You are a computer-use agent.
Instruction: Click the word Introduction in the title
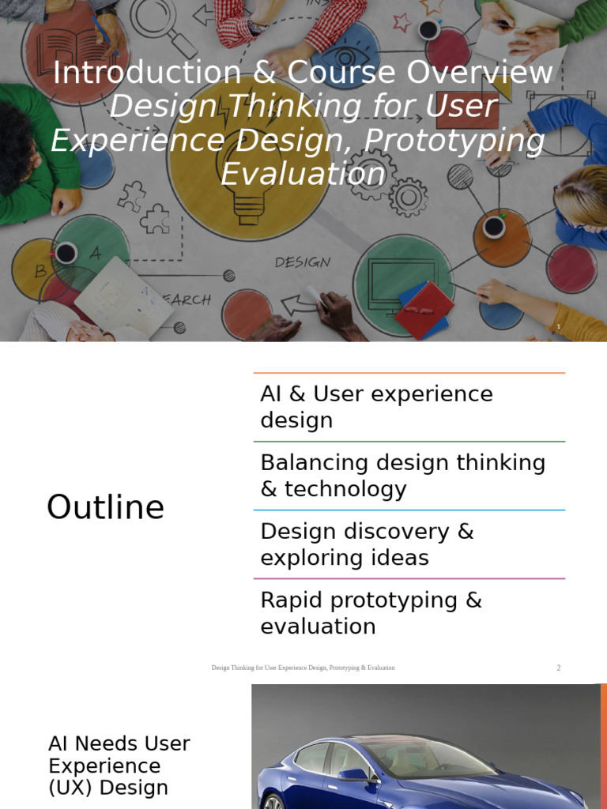click(146, 73)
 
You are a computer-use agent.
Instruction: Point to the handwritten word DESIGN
click(303, 262)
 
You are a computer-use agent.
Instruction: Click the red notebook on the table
click(425, 309)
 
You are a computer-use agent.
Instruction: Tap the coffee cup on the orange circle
click(494, 227)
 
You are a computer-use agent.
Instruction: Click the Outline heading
click(105, 506)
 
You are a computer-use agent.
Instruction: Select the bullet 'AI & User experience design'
click(376, 407)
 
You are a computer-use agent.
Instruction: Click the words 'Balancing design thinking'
click(402, 462)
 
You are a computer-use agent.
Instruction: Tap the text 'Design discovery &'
click(367, 531)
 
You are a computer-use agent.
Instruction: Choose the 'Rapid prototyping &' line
click(371, 600)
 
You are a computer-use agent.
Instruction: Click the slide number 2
click(558, 668)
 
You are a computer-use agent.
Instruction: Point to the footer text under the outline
click(303, 668)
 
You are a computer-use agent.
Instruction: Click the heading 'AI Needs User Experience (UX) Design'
click(119, 766)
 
